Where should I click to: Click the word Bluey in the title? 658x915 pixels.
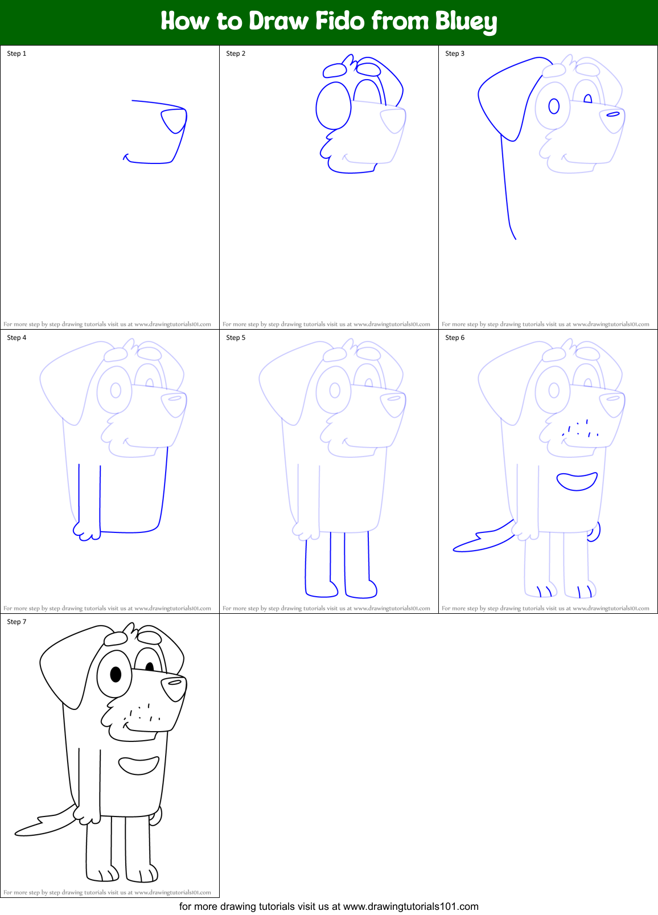coord(466,22)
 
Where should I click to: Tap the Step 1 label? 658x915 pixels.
coord(17,54)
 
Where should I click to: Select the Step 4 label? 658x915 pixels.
coord(17,338)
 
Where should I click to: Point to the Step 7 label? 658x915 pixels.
coord(17,622)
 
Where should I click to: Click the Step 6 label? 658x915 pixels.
coord(455,338)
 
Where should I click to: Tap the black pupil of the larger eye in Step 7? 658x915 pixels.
coord(116,675)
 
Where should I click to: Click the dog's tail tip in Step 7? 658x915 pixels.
coord(20,832)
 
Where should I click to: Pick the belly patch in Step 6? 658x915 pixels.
coord(577,482)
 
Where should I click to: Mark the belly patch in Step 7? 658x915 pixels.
coord(139,766)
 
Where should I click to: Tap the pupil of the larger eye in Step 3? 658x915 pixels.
coord(554,106)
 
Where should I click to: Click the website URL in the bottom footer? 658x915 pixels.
coord(410,906)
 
